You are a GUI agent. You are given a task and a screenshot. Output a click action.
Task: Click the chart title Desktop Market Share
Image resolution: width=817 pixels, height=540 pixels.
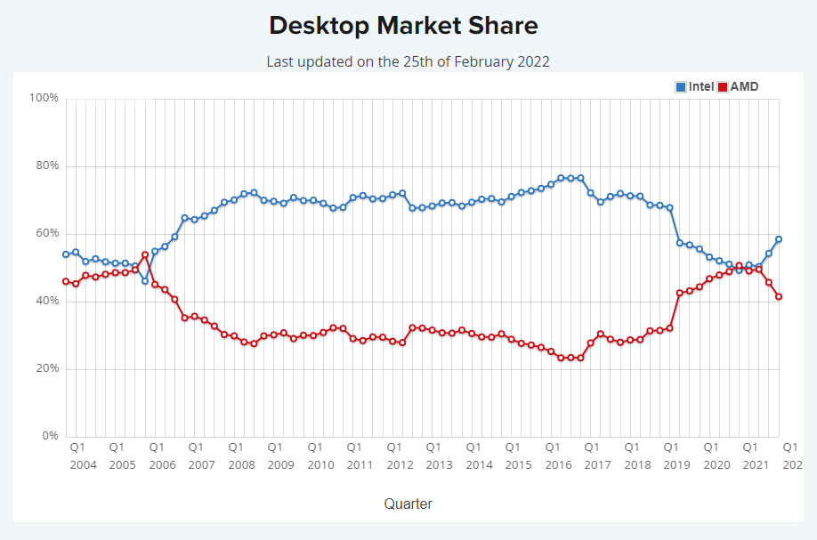[403, 25]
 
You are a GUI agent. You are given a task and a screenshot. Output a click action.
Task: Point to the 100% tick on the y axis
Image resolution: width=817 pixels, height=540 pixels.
[44, 98]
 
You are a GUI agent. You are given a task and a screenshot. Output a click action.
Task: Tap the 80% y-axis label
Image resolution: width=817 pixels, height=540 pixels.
[47, 165]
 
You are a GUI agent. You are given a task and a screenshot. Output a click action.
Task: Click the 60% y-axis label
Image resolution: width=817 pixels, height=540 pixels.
[47, 233]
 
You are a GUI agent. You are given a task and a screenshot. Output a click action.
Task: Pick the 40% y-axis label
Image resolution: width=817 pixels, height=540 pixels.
[47, 301]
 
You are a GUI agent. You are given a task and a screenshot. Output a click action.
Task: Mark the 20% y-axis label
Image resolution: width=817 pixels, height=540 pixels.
[47, 368]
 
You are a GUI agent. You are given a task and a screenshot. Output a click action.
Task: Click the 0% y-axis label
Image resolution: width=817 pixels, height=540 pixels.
[50, 436]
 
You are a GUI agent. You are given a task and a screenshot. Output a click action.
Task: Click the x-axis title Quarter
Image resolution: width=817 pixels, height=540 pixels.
[408, 504]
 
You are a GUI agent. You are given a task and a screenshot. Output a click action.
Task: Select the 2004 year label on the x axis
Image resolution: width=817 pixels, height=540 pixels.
[83, 464]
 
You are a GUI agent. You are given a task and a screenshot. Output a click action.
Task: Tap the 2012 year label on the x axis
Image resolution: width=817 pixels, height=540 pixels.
[400, 464]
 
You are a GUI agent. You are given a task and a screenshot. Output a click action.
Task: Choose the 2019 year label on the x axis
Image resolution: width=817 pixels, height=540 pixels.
[677, 464]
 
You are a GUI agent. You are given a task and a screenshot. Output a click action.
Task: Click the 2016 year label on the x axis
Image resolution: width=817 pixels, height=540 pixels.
[558, 464]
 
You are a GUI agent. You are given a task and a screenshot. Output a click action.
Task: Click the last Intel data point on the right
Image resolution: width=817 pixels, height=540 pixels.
[779, 238]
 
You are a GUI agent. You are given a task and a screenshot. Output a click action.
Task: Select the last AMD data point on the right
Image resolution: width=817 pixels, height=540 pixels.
[779, 296]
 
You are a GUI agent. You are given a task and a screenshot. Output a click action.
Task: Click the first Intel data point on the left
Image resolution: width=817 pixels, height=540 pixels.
[66, 254]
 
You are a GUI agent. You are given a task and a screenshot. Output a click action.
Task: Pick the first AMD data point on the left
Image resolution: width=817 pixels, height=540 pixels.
[66, 281]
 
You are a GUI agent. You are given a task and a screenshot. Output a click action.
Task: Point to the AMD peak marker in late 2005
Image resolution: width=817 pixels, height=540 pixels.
[145, 254]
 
